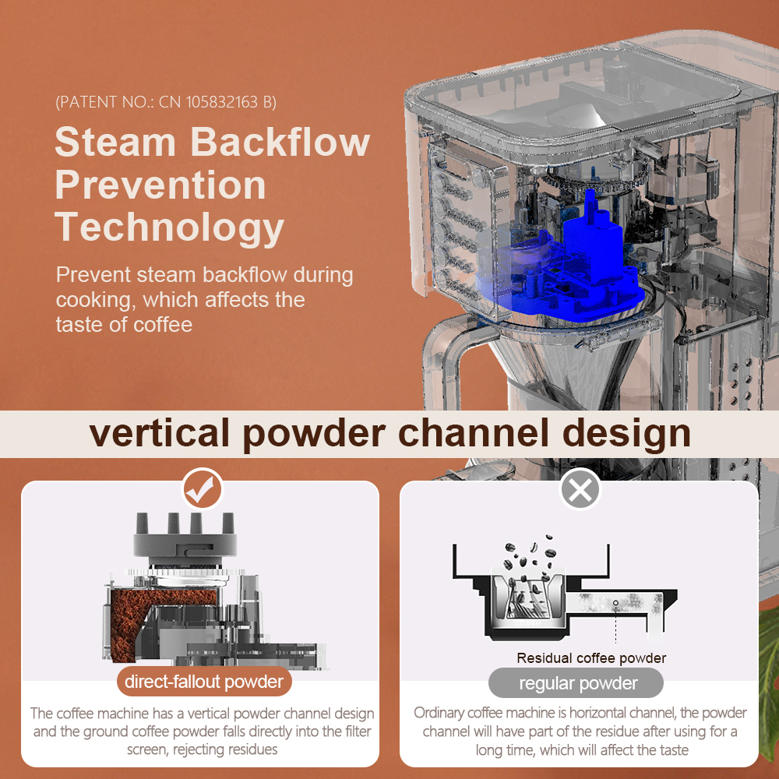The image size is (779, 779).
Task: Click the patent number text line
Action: click(166, 102)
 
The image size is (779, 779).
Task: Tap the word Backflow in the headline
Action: click(280, 142)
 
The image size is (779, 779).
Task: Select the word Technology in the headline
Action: click(169, 227)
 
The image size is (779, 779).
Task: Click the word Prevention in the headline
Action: click(160, 185)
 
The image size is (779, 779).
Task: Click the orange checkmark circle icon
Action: click(203, 489)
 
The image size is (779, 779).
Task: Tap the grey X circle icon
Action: click(580, 489)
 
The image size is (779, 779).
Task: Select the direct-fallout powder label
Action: click(204, 682)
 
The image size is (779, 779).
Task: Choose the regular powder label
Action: click(576, 683)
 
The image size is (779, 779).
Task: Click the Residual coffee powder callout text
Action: click(591, 658)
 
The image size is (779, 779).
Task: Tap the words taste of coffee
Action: click(124, 325)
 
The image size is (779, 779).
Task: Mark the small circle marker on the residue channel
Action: click(616, 603)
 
